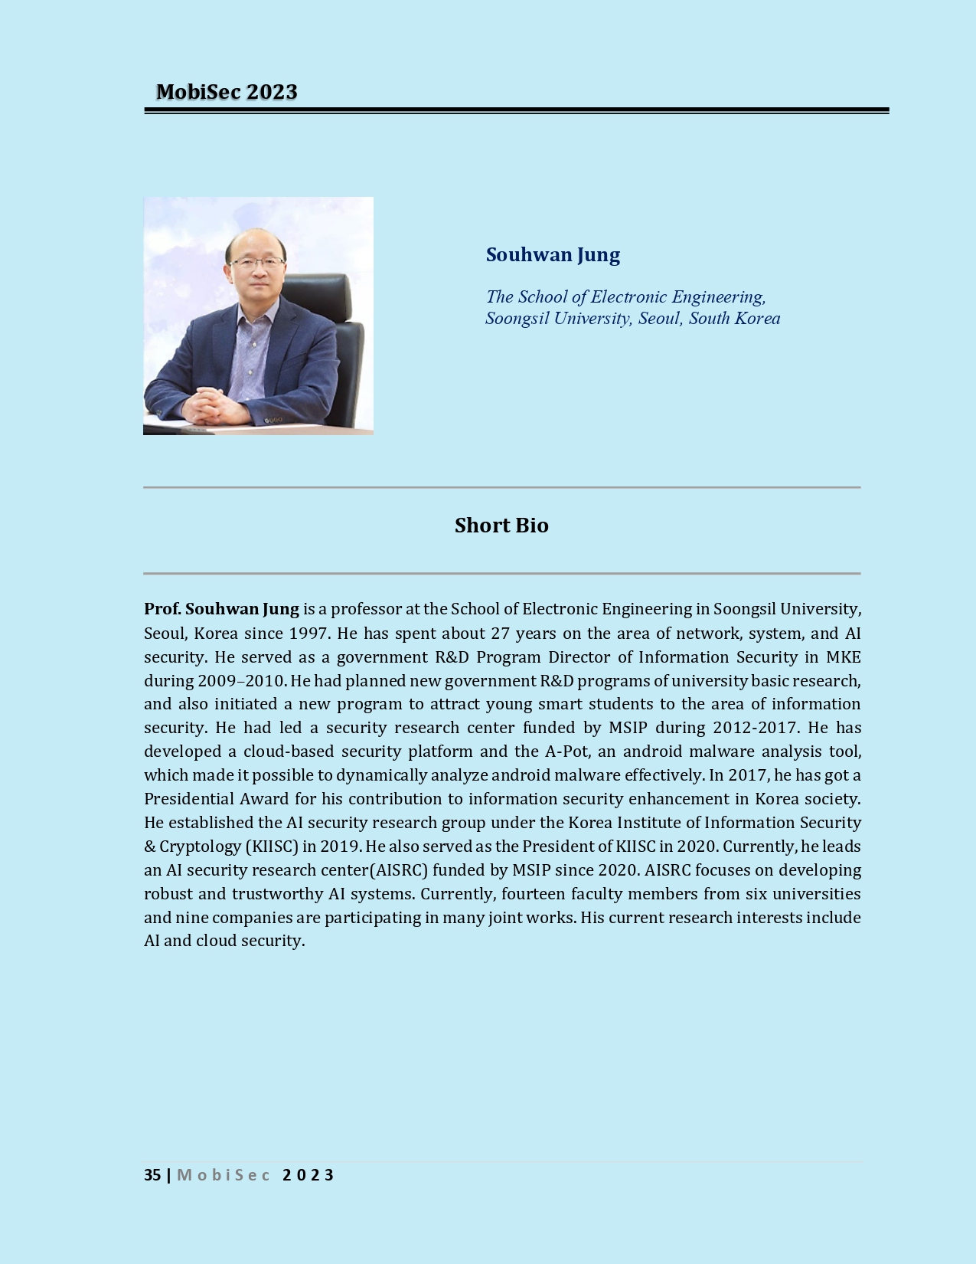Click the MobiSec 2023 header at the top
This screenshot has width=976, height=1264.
click(227, 92)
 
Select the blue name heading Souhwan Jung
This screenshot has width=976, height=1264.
click(553, 255)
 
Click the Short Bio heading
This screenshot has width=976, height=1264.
click(501, 526)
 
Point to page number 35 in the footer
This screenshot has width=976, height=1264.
click(152, 1175)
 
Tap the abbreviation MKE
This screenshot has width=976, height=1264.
click(844, 657)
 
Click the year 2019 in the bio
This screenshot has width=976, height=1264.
click(341, 846)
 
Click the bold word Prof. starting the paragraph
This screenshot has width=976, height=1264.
click(162, 609)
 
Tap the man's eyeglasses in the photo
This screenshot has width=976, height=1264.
click(256, 262)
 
